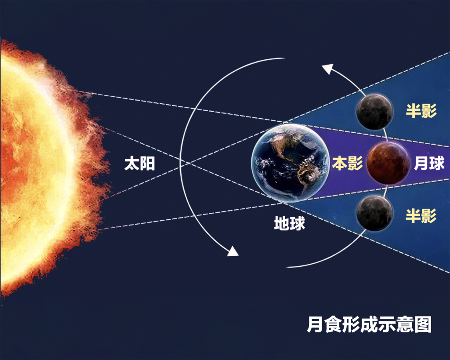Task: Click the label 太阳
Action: (x=139, y=164)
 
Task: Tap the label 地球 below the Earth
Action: (x=289, y=223)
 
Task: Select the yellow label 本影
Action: (x=348, y=164)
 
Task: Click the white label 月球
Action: (x=429, y=164)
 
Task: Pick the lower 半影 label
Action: (x=421, y=216)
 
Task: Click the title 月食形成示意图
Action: (x=369, y=325)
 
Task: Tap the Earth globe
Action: (x=290, y=163)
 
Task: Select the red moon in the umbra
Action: (x=389, y=164)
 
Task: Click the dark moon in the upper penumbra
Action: (x=374, y=112)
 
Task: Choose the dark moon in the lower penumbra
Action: (x=374, y=214)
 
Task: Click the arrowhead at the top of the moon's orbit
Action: (x=328, y=69)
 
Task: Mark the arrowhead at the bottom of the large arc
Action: (x=233, y=251)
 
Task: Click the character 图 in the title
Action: (x=423, y=325)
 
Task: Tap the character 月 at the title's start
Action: (x=315, y=325)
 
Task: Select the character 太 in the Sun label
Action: (x=132, y=164)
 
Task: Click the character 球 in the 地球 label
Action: (x=298, y=223)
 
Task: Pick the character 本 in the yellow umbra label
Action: (x=340, y=164)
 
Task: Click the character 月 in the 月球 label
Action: (x=421, y=164)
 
